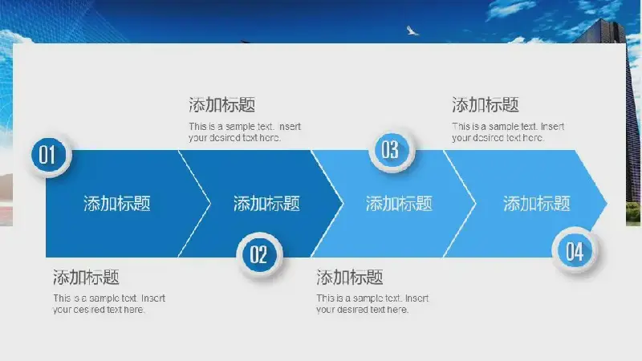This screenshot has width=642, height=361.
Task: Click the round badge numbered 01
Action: coord(50,155)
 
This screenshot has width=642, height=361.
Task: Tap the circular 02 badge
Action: coord(259,254)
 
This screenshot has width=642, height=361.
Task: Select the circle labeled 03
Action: coord(392,150)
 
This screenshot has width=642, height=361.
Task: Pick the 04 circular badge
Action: coord(575,251)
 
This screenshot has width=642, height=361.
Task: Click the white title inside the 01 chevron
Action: coord(117,204)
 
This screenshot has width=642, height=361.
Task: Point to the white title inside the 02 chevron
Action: coord(266,204)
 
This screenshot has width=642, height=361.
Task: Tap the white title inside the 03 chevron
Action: coord(399,204)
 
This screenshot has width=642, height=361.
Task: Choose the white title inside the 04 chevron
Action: coord(536,204)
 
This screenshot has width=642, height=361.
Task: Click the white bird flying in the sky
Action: coord(412,30)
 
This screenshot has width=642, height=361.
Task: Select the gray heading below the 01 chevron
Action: coord(86,278)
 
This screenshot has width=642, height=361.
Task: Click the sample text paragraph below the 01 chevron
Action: coord(109,304)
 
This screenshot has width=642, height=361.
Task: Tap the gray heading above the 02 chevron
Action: coord(222,105)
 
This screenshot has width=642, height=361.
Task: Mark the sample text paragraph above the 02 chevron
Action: coord(245,132)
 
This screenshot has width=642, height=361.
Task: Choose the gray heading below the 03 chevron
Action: coord(350,278)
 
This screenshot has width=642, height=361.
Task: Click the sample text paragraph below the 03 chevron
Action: coord(372,304)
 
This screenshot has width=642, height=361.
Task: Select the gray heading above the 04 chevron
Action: coord(486,105)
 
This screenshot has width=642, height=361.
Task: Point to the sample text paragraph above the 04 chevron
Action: coord(508,132)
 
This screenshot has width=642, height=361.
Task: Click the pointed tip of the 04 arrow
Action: coord(607,204)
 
